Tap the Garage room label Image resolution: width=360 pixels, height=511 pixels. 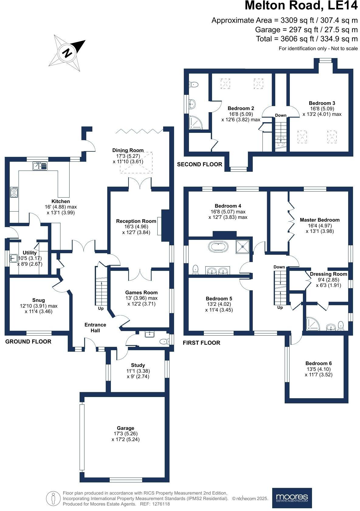pyautogui.click(x=125, y=428)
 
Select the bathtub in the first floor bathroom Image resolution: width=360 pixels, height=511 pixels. pyautogui.click(x=218, y=247)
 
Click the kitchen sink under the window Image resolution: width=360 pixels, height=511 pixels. pyautogui.click(x=40, y=166)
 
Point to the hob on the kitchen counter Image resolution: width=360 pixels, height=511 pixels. pyautogui.click(x=14, y=192)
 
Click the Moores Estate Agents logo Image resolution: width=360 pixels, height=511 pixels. pyautogui.click(x=292, y=498)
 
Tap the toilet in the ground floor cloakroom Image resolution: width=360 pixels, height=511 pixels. pyautogui.click(x=165, y=341)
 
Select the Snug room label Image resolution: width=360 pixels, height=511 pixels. pyautogui.click(x=38, y=300)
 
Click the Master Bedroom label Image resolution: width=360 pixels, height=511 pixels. pyautogui.click(x=320, y=220)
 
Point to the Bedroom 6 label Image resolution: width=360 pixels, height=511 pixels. pyautogui.click(x=318, y=363)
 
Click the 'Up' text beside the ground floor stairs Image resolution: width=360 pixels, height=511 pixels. pyautogui.click(x=101, y=308)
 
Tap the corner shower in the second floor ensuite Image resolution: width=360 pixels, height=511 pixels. pyautogui.click(x=195, y=122)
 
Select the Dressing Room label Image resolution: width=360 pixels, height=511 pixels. pyautogui.click(x=328, y=274)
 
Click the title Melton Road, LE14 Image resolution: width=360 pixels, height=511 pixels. pyautogui.click(x=301, y=6)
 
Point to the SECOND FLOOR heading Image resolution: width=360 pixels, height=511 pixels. pyautogui.click(x=200, y=164)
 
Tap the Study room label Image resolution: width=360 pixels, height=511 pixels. pyautogui.click(x=138, y=365)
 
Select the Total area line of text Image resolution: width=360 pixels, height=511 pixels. pyautogui.click(x=307, y=39)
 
